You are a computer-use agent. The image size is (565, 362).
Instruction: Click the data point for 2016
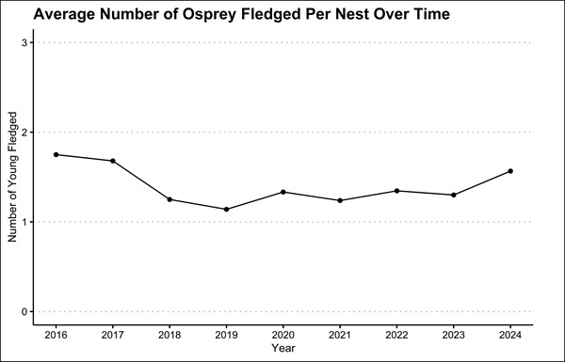(x=56, y=154)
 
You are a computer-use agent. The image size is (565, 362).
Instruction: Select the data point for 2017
(x=113, y=161)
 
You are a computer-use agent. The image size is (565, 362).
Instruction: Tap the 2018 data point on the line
(x=169, y=199)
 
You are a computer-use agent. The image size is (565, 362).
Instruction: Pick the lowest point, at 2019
(x=227, y=209)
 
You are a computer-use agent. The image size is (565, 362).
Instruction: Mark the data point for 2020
(x=283, y=192)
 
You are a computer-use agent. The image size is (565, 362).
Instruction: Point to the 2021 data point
(x=340, y=200)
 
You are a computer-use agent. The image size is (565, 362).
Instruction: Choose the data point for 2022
(x=396, y=191)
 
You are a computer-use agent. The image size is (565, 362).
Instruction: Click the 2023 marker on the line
(x=454, y=195)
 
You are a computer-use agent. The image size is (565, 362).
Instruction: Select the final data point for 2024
(x=510, y=171)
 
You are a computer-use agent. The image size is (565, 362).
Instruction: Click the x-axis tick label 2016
(x=56, y=334)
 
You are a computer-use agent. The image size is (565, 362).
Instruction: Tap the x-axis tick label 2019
(x=227, y=334)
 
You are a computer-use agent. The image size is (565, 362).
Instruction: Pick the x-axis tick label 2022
(x=396, y=334)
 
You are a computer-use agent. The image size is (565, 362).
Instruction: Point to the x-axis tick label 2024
(x=510, y=334)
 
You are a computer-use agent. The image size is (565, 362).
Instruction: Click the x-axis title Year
(x=282, y=348)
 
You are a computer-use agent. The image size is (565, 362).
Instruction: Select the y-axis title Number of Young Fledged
(x=12, y=177)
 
